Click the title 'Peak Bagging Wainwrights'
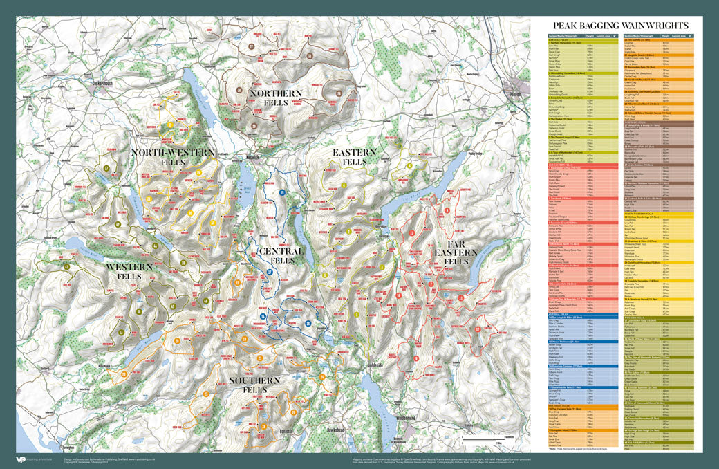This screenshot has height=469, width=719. click(x=622, y=25)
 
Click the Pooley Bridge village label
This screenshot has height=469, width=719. click(x=474, y=154)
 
